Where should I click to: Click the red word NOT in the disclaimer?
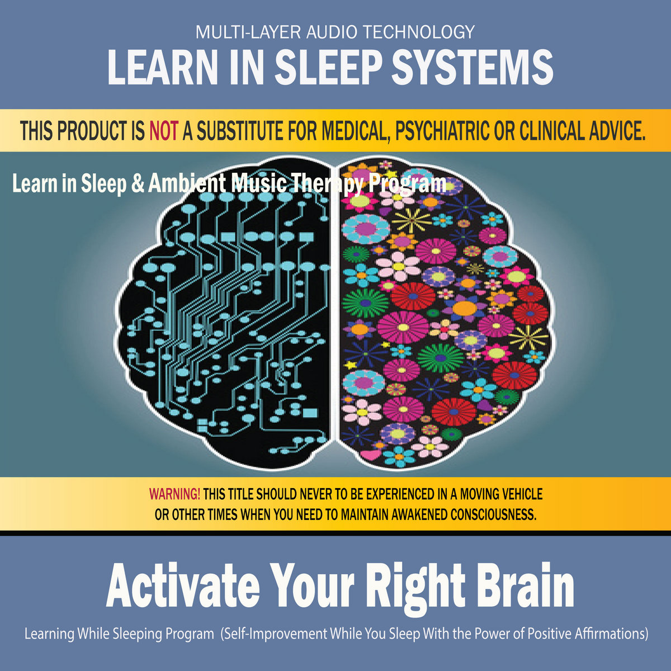click(164, 131)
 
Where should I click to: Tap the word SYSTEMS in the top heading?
click(472, 67)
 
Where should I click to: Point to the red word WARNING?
click(174, 493)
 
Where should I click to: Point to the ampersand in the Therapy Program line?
click(138, 183)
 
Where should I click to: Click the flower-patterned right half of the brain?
click(446, 313)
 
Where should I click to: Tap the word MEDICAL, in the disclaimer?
click(355, 131)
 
